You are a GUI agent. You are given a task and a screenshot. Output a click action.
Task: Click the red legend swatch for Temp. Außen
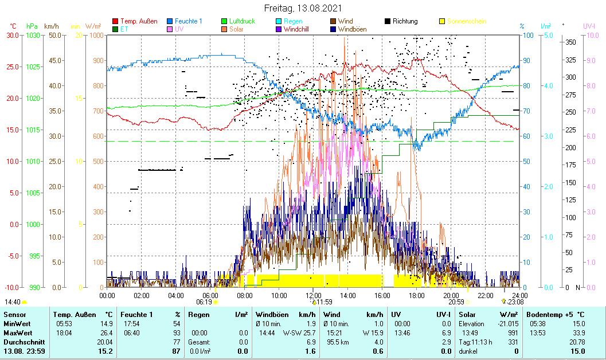pos(115,21)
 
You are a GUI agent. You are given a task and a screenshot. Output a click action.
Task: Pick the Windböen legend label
pos(353,29)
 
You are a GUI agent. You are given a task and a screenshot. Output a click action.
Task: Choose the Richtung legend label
pos(405,21)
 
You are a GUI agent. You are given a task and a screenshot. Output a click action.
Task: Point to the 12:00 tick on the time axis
pos(313,295)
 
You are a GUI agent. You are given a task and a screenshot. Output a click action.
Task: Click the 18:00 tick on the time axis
pos(416,295)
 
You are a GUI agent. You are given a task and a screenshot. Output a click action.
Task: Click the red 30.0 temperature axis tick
pos(13,36)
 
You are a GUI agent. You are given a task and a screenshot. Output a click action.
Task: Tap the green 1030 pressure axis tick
pos(33,36)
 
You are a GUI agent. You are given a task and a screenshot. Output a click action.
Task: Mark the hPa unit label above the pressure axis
pos(32,26)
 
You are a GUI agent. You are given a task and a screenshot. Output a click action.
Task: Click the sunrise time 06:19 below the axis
pos(204,302)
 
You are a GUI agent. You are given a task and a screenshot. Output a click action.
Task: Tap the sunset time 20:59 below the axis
pos(456,302)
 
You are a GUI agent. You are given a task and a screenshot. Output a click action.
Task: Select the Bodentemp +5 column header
pos(556,315)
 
